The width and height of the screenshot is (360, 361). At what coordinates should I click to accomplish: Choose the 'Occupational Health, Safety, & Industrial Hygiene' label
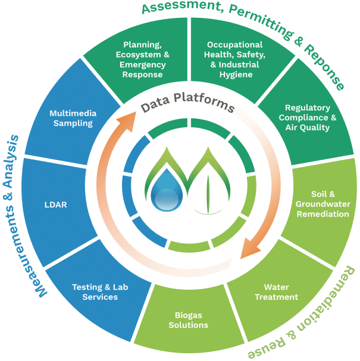pyautogui.click(x=234, y=59)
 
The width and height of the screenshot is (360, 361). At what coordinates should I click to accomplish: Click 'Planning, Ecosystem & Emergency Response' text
pyautogui.click(x=142, y=59)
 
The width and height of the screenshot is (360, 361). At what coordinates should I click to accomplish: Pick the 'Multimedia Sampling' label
pyautogui.click(x=71, y=118)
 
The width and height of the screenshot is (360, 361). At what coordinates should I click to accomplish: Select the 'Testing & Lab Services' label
pyautogui.click(x=95, y=291)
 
